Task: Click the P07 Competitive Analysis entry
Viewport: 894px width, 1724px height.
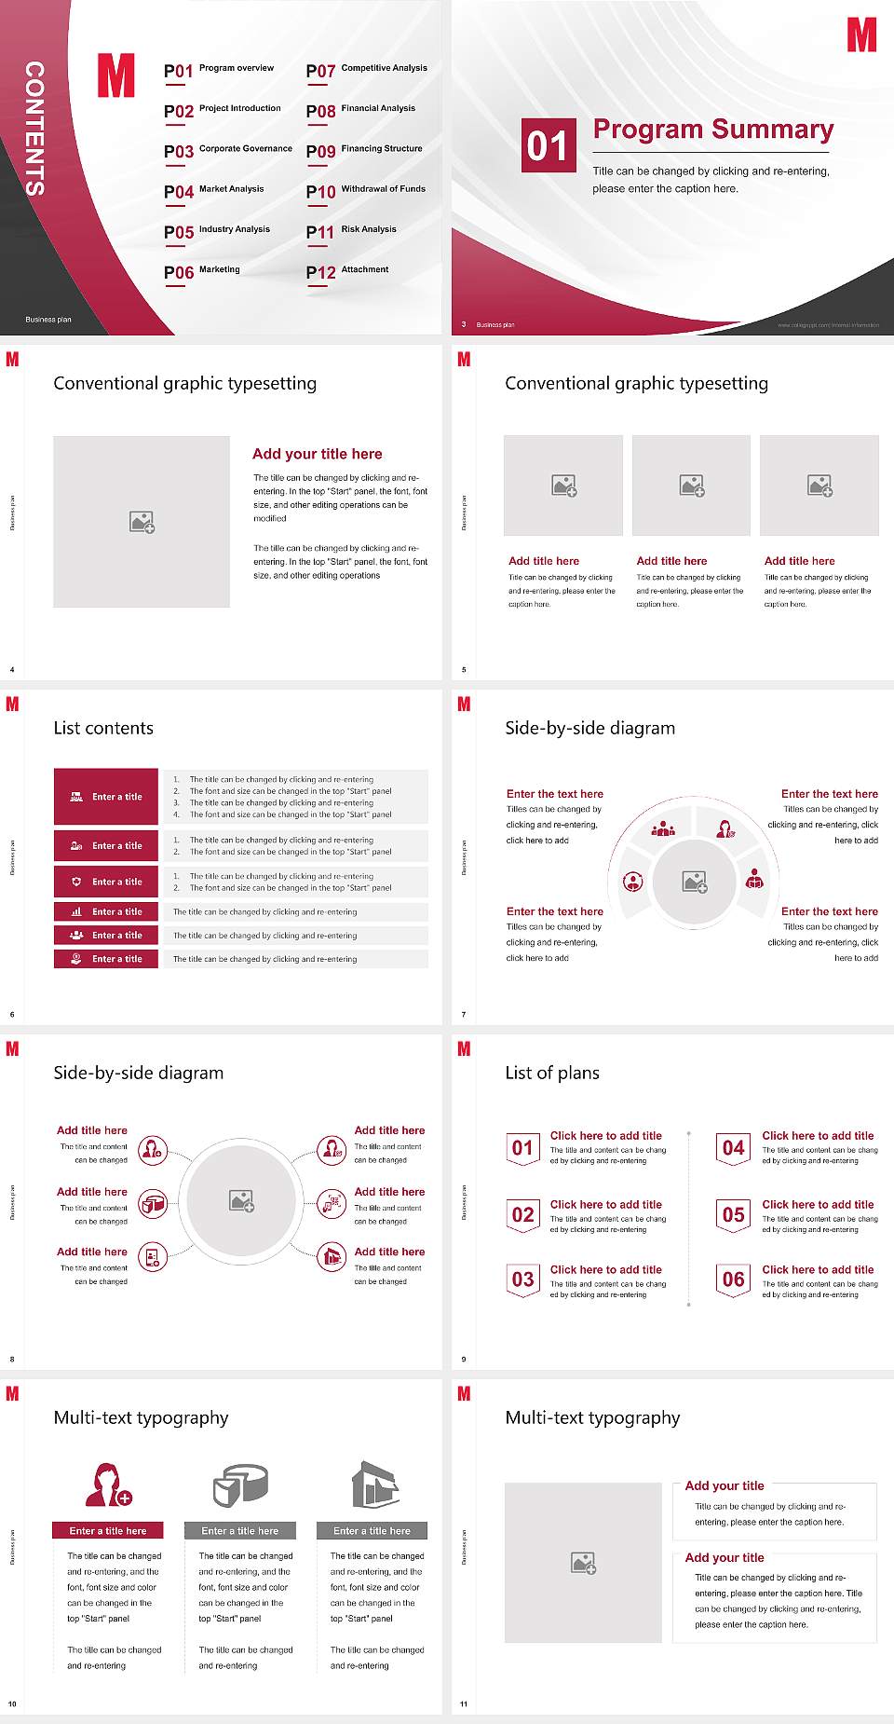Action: click(x=367, y=70)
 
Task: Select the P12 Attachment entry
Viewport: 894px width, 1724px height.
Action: click(x=347, y=271)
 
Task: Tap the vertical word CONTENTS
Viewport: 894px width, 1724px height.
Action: click(x=34, y=129)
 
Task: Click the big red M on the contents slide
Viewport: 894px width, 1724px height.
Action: click(x=116, y=75)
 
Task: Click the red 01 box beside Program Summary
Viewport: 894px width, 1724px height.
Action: click(x=548, y=145)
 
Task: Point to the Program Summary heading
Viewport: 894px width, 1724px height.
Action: click(x=712, y=130)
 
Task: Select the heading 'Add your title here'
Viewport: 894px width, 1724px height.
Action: click(x=317, y=454)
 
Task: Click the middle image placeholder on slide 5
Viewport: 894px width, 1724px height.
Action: click(x=691, y=486)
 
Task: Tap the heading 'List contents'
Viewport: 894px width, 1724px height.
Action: click(x=103, y=728)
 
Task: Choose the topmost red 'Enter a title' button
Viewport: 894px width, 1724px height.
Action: click(x=106, y=797)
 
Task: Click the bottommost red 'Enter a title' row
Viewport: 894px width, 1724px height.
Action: click(x=106, y=959)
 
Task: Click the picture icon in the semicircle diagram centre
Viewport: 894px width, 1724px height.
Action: click(x=695, y=882)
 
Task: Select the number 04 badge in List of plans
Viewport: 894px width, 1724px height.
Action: click(x=733, y=1148)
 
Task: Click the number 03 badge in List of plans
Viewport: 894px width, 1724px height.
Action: click(x=522, y=1279)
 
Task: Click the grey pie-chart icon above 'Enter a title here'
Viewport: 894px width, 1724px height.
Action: click(x=240, y=1485)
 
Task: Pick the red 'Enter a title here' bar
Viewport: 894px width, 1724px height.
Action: click(x=108, y=1530)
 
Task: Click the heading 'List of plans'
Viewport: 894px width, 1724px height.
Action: click(x=552, y=1073)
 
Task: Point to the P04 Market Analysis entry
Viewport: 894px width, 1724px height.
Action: click(x=214, y=191)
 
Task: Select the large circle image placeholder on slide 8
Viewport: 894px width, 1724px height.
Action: click(x=241, y=1200)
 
